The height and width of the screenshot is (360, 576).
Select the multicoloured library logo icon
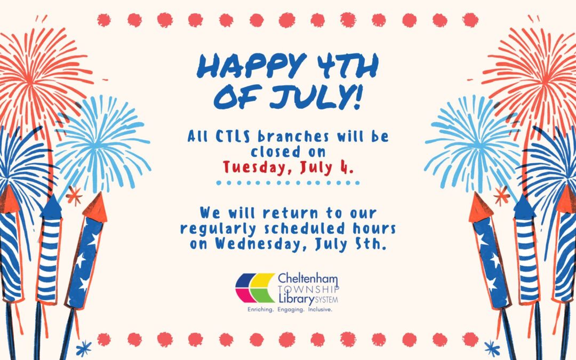point(255,287)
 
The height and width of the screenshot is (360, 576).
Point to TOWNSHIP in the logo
point(309,289)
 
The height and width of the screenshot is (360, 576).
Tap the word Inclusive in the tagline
point(320,310)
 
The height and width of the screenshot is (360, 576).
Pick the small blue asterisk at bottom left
point(84,348)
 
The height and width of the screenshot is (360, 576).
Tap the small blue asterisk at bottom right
point(492,348)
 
